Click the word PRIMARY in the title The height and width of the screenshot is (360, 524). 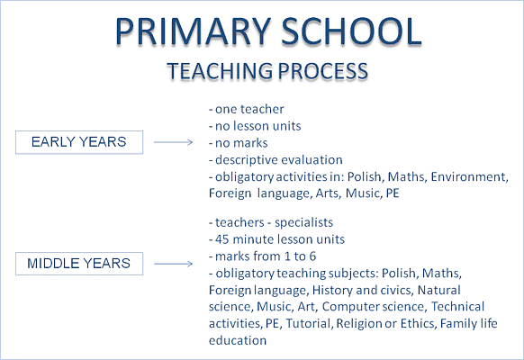coord(193,31)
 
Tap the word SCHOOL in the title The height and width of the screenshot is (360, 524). coord(351,31)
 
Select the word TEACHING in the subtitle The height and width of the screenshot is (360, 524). coord(220,71)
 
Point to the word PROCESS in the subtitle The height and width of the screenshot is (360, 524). coord(323,71)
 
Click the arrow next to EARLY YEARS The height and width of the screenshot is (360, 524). coord(174,142)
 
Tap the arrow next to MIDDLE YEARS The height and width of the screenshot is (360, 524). coord(174,264)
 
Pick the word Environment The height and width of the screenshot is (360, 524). coord(469,176)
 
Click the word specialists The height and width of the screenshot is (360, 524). coord(303,222)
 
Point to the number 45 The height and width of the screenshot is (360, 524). coord(221,239)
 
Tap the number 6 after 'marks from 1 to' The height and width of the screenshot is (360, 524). coord(312,256)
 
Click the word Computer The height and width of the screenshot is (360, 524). coord(350,307)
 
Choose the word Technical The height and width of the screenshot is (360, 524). coord(457,307)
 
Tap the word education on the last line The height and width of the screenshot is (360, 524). coord(238,340)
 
